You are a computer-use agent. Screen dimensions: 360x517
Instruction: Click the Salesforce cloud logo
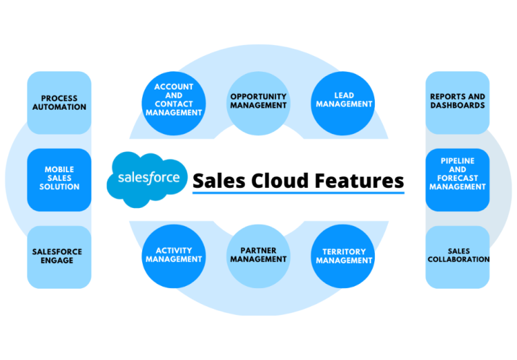[x=147, y=178]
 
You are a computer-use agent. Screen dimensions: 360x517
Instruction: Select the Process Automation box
[x=59, y=102]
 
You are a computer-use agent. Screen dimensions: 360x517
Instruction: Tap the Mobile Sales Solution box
[x=59, y=178]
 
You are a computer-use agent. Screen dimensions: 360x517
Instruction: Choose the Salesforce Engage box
[x=59, y=256]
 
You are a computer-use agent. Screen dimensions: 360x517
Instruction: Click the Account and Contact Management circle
[x=174, y=100]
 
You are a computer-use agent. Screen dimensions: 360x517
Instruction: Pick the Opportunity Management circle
[x=258, y=100]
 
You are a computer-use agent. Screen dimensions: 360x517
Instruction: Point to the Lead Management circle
[x=343, y=100]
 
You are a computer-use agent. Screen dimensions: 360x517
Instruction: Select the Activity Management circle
[x=174, y=256]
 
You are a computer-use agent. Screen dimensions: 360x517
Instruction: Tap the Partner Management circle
[x=258, y=256]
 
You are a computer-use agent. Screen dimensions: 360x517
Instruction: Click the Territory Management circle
[x=343, y=256]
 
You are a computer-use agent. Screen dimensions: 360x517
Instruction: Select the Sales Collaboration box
[x=458, y=256]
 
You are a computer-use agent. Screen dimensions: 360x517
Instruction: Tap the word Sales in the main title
[x=219, y=180]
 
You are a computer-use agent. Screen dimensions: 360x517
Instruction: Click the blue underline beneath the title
[x=298, y=193]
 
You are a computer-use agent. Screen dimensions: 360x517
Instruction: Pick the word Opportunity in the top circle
[x=258, y=96]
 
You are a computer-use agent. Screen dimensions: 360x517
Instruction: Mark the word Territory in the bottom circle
[x=343, y=252]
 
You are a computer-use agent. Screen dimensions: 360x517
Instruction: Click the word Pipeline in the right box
[x=458, y=161]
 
